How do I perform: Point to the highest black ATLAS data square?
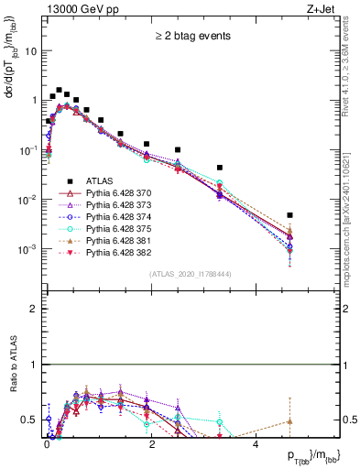[x=60, y=91]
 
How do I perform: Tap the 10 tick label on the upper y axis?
[x=30, y=51]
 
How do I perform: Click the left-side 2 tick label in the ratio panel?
[x=34, y=309]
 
